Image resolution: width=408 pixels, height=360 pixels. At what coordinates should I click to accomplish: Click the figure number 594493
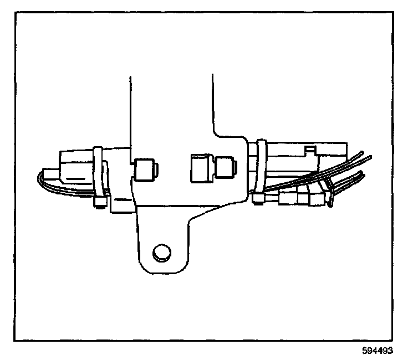point(382,350)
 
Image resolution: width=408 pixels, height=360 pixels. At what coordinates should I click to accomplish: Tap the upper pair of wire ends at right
point(363,158)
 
